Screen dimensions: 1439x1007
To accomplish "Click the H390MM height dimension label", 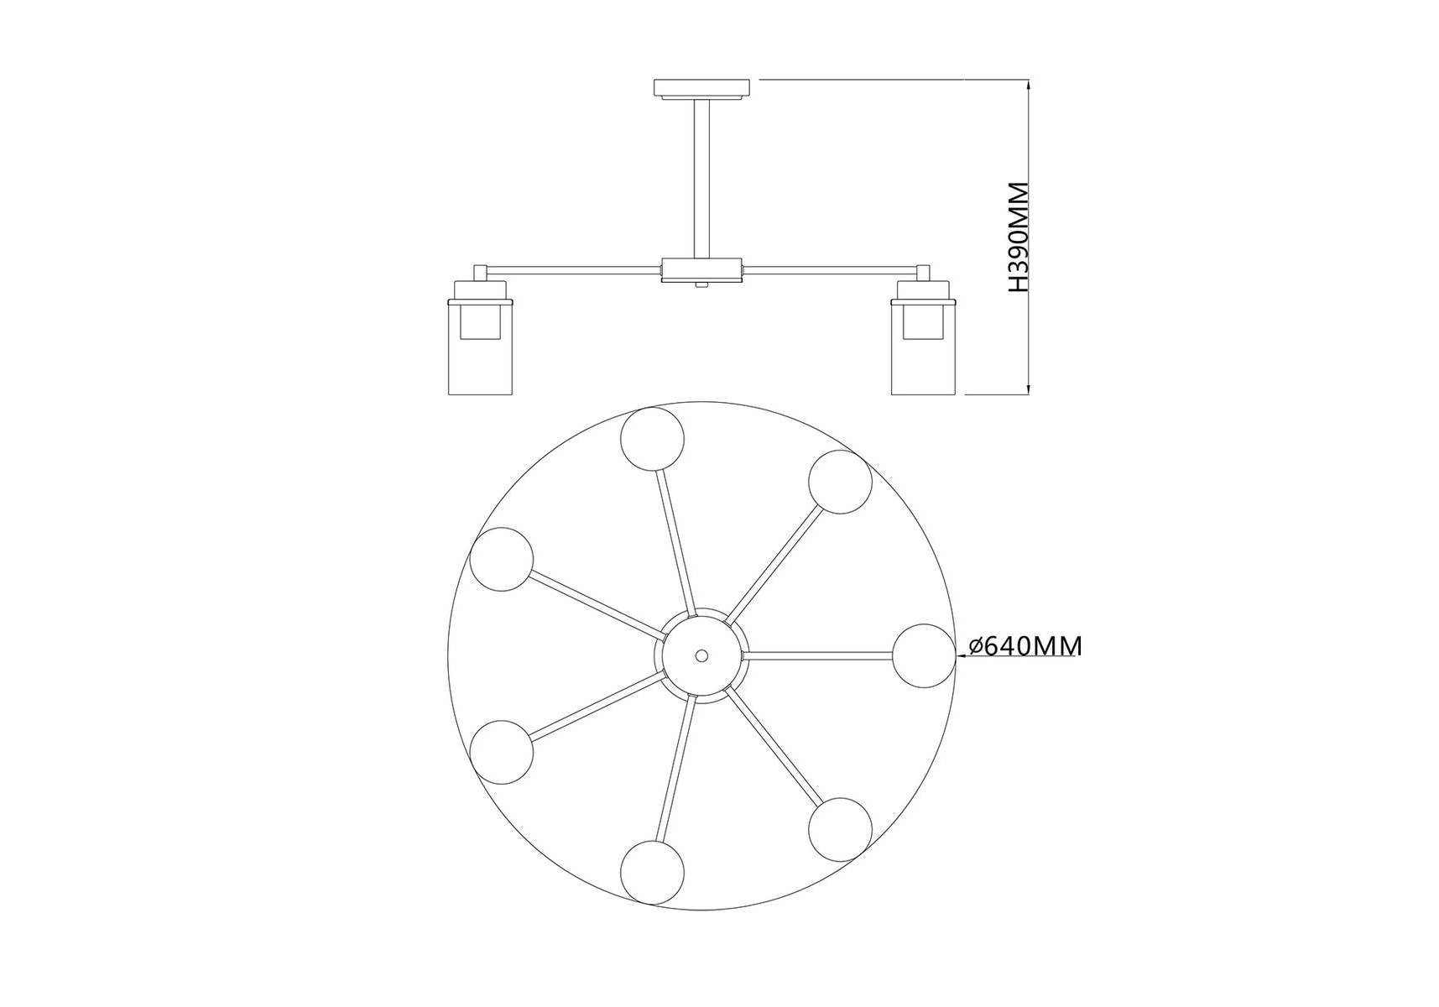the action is (1018, 237).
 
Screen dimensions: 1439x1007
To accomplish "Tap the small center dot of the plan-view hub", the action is (701, 655).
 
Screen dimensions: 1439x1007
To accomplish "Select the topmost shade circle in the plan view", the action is (652, 439).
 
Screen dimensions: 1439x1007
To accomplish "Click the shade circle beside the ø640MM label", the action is (923, 655).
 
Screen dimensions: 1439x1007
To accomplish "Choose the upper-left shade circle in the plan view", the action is (502, 560).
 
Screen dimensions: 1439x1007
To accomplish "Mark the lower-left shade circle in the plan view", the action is (502, 752).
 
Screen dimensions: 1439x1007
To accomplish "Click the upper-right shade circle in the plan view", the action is (840, 482).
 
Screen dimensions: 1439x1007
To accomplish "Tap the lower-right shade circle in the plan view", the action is (841, 829).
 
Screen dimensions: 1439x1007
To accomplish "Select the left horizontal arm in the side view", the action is (574, 269).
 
